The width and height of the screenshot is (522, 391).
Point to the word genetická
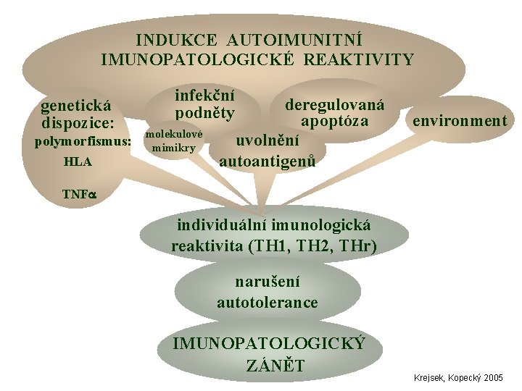[75, 106]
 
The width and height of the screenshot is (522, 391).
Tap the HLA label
[78, 161]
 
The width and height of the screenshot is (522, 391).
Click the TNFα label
[78, 194]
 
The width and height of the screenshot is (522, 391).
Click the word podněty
[206, 114]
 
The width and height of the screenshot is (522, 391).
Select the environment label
[460, 120]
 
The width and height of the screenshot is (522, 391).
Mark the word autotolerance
[267, 302]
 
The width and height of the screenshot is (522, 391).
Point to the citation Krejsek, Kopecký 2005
[458, 378]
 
